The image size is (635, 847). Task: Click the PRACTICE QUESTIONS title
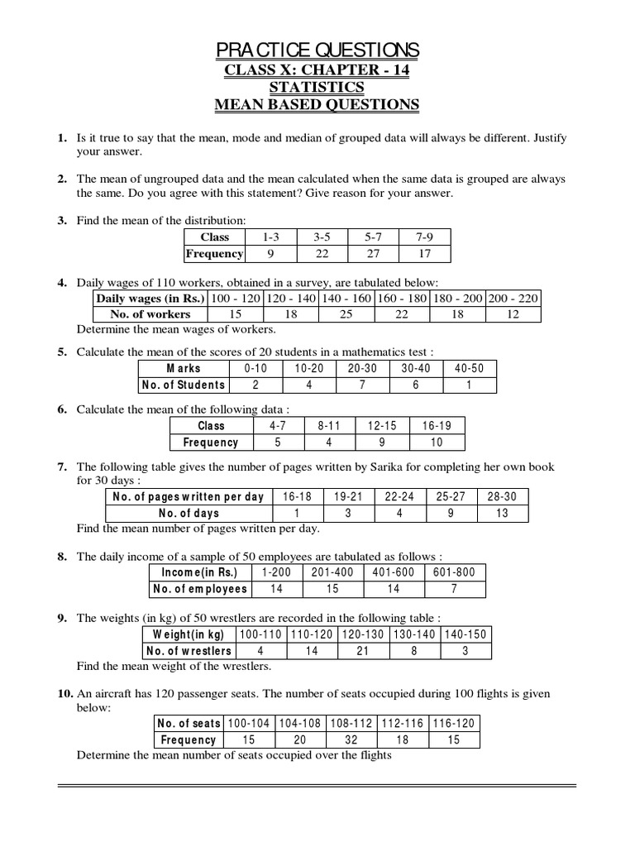click(x=317, y=50)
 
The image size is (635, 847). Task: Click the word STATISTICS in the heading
click(x=317, y=87)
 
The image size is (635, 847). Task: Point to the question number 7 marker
click(x=62, y=467)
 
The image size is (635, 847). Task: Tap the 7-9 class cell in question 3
click(x=423, y=237)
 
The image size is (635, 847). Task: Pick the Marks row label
click(x=183, y=368)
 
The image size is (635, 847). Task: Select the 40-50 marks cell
click(x=470, y=368)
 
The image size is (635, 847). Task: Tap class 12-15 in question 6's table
click(x=382, y=426)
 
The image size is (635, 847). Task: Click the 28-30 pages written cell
click(x=502, y=496)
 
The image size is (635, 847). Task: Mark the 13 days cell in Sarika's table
click(x=502, y=513)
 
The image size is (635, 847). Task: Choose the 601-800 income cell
click(x=455, y=572)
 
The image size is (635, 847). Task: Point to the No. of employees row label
click(x=199, y=589)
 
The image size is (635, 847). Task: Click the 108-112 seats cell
click(x=351, y=723)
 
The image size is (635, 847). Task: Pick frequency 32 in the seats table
click(x=351, y=739)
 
